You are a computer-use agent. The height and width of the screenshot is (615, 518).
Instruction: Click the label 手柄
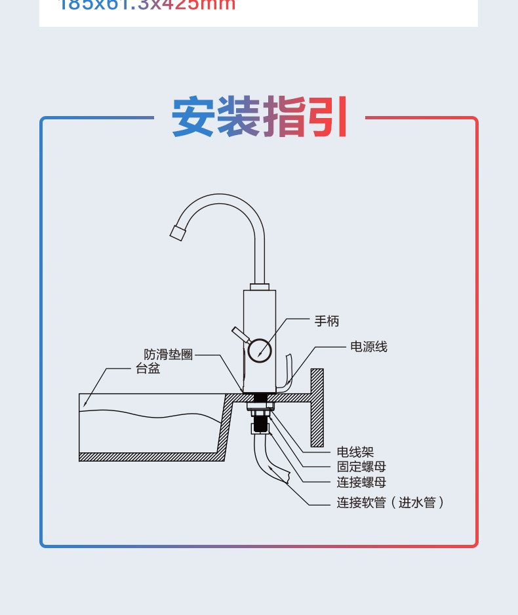(327, 321)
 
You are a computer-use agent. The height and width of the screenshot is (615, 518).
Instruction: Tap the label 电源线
(369, 347)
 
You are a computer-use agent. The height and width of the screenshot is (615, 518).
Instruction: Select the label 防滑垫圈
(169, 355)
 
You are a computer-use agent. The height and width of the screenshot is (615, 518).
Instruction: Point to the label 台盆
(148, 369)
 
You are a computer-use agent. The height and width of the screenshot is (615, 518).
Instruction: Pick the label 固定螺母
(361, 467)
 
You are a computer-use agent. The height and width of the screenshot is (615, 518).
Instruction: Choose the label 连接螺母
(361, 483)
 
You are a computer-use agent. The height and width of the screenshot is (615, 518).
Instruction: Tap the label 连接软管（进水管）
(391, 503)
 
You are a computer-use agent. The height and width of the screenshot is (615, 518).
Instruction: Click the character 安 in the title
(193, 117)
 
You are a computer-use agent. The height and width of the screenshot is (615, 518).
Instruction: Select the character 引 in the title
(327, 117)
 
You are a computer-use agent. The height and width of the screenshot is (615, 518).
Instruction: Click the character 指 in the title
(283, 117)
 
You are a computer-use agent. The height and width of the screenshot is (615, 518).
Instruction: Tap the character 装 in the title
(238, 117)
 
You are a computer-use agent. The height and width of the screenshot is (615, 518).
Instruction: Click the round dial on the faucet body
(260, 349)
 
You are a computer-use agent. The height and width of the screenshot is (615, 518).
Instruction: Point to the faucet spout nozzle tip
(177, 232)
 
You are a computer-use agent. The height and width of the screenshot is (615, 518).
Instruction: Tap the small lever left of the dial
(239, 334)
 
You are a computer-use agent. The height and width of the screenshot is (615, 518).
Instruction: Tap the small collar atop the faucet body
(259, 287)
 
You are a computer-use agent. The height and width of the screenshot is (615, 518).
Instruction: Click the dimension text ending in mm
(148, 5)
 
